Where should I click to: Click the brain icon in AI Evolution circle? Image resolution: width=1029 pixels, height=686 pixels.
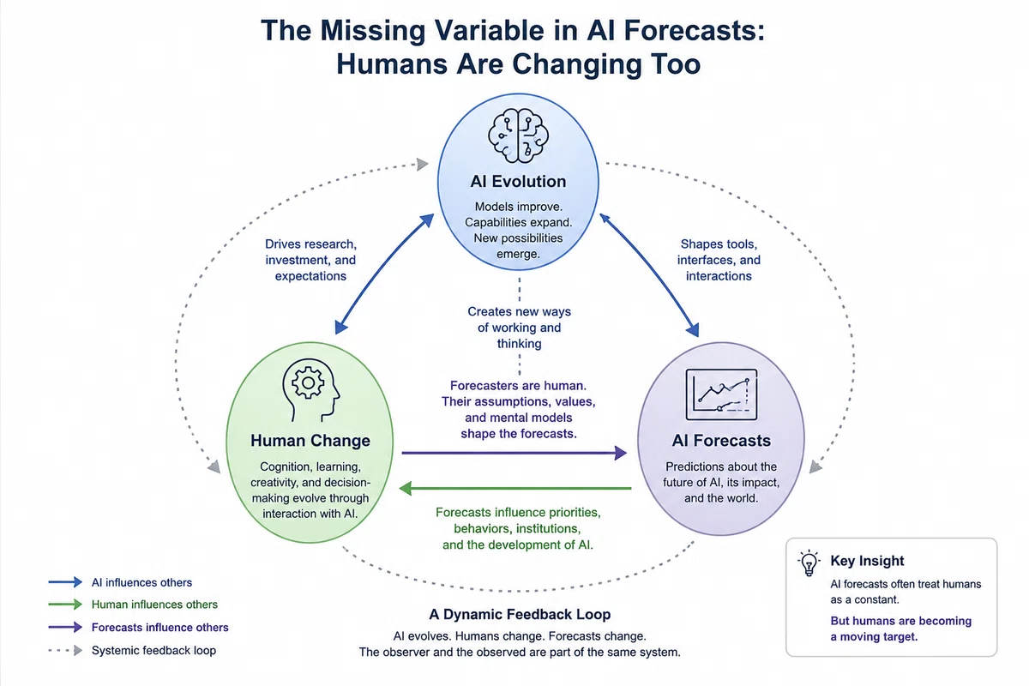518,136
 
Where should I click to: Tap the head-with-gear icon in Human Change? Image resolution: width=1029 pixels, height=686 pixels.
311,390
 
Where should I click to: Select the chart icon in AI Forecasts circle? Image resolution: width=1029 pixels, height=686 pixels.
721,394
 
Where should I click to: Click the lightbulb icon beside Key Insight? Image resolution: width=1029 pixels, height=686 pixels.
809,563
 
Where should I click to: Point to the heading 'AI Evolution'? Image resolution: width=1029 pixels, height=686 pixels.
518,182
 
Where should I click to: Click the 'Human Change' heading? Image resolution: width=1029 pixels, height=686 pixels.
310,440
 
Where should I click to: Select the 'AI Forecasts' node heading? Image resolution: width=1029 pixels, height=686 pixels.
721,440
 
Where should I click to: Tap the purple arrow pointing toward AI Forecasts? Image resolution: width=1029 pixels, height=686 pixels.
514,453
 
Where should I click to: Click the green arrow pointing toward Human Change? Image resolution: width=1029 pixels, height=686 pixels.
515,489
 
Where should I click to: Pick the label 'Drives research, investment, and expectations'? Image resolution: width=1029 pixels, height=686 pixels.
310,260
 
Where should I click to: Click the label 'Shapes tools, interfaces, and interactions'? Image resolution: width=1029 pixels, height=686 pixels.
719,260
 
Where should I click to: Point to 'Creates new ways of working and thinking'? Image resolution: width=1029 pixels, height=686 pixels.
519,328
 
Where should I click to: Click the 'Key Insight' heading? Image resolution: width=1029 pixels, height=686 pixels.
867,561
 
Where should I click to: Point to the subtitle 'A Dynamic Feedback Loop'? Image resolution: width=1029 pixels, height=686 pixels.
520,614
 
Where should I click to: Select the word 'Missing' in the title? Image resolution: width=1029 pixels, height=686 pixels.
372,31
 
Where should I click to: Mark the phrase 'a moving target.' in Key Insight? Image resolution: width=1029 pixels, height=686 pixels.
874,637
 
